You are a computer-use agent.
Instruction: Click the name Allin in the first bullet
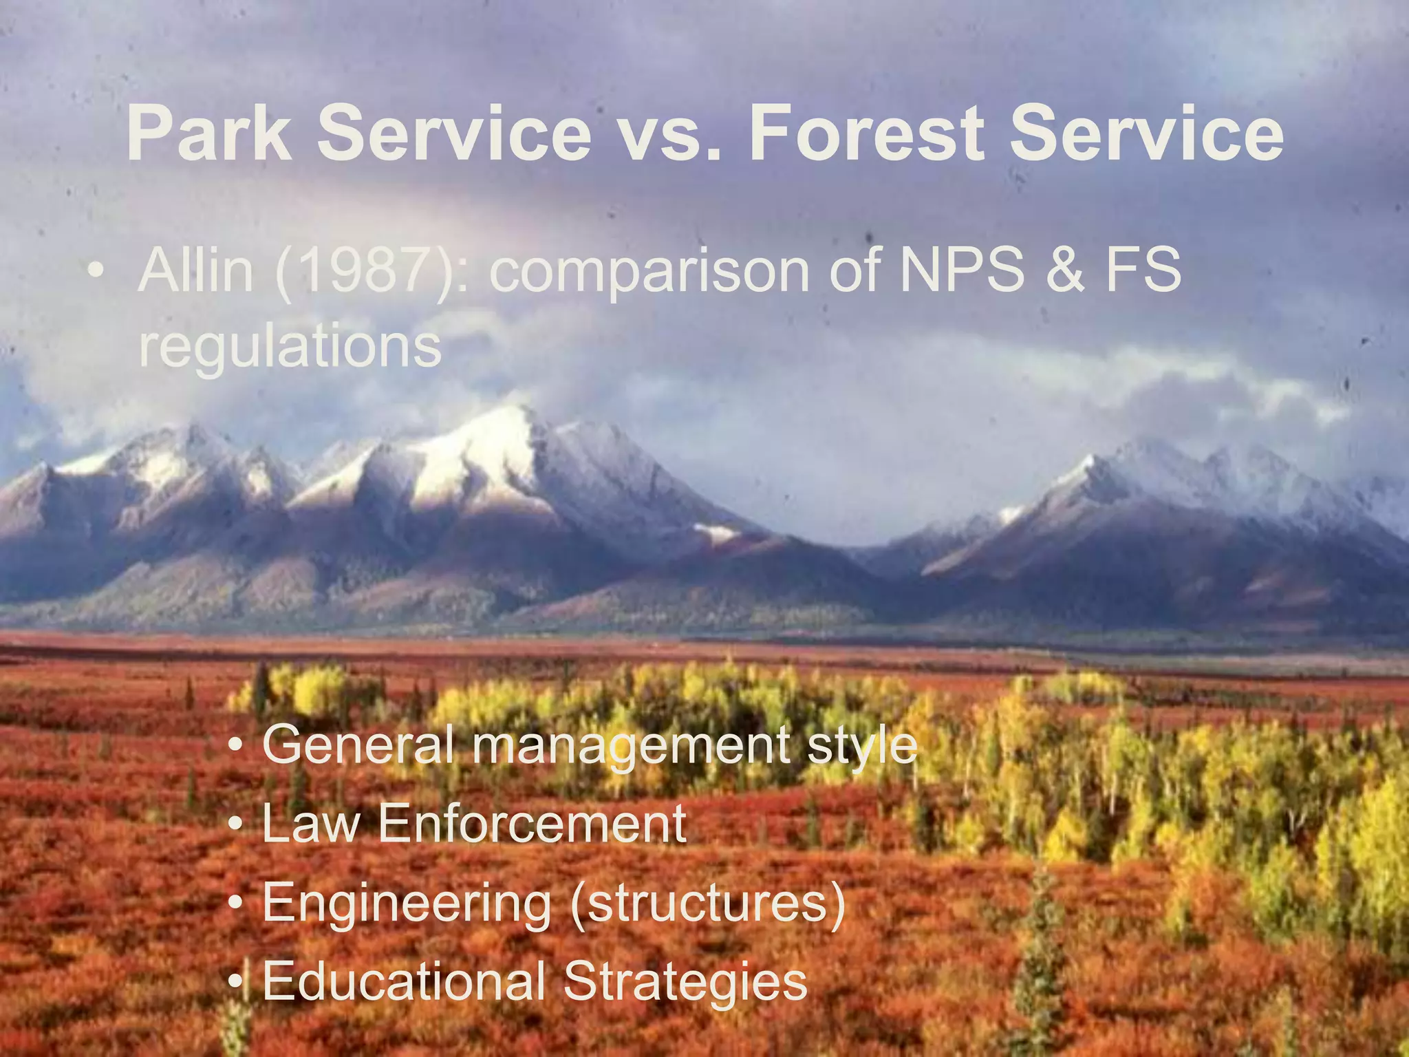(195, 270)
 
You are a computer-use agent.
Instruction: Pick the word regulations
(290, 346)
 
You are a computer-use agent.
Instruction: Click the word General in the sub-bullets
(358, 745)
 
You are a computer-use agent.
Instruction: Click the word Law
(310, 824)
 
